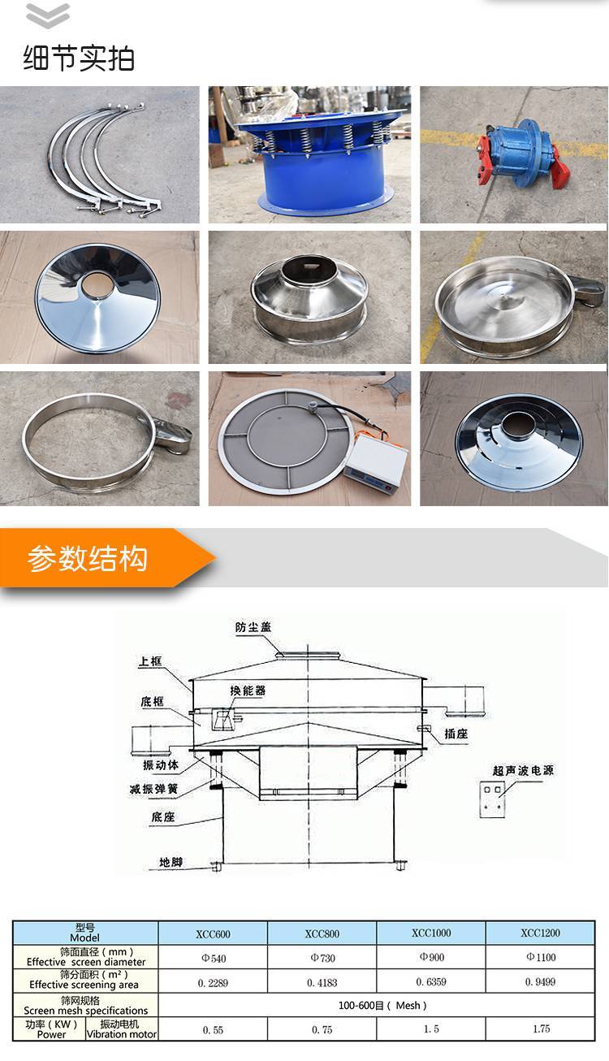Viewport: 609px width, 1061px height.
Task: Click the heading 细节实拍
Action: [x=79, y=58]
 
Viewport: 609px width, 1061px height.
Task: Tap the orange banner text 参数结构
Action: [x=87, y=558]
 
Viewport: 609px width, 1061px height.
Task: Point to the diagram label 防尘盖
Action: [x=253, y=627]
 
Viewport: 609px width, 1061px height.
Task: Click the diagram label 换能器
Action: [x=248, y=691]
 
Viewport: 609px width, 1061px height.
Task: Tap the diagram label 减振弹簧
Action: [x=154, y=789]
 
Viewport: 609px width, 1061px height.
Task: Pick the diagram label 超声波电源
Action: [x=523, y=771]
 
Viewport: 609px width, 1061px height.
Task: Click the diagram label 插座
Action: [x=456, y=734]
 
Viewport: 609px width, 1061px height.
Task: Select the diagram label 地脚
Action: [x=171, y=862]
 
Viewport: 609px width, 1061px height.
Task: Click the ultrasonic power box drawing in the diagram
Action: [x=493, y=799]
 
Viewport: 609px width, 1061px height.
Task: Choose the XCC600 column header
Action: [x=213, y=933]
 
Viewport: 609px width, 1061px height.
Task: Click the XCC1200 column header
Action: [x=540, y=933]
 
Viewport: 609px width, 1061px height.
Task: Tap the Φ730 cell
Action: [x=322, y=958]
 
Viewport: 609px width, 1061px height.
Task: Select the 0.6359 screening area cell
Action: [x=431, y=982]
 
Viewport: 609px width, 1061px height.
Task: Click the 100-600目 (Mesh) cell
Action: [x=382, y=1005]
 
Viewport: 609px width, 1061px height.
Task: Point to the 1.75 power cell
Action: [x=541, y=1029]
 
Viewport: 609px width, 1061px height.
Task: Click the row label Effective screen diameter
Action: [x=86, y=962]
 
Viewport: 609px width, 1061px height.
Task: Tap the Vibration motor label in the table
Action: [x=122, y=1035]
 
